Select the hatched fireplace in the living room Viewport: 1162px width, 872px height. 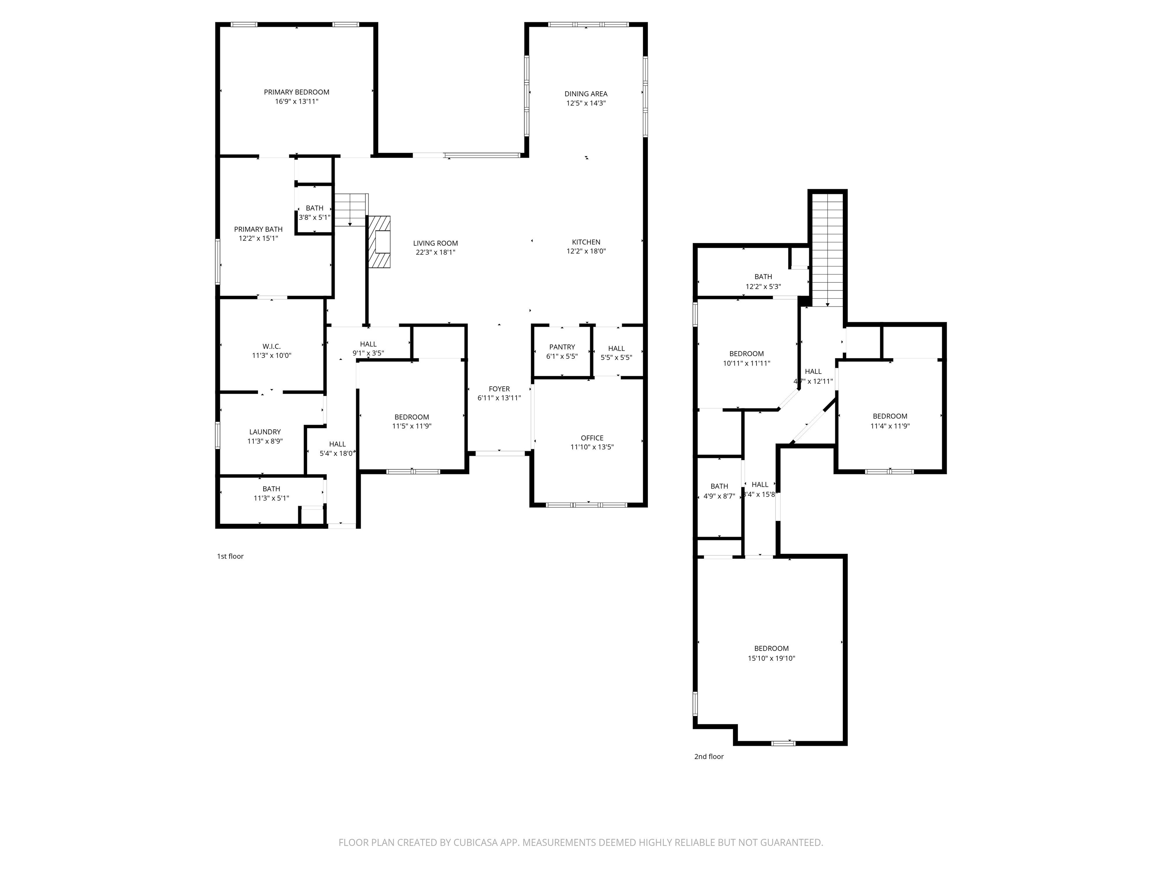(x=379, y=242)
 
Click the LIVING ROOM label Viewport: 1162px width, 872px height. (x=435, y=243)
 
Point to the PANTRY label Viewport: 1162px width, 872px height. (x=562, y=347)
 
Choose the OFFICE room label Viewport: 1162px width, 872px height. (x=592, y=438)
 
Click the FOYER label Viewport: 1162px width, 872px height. (x=499, y=389)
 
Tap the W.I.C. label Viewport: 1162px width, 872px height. (x=271, y=346)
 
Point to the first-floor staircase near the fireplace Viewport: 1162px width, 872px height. (x=350, y=210)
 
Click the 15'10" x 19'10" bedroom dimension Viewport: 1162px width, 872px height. (x=771, y=658)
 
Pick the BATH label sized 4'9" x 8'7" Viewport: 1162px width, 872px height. (x=719, y=486)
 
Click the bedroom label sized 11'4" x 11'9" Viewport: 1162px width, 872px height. (x=890, y=416)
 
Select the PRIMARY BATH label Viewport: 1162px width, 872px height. (x=258, y=229)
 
